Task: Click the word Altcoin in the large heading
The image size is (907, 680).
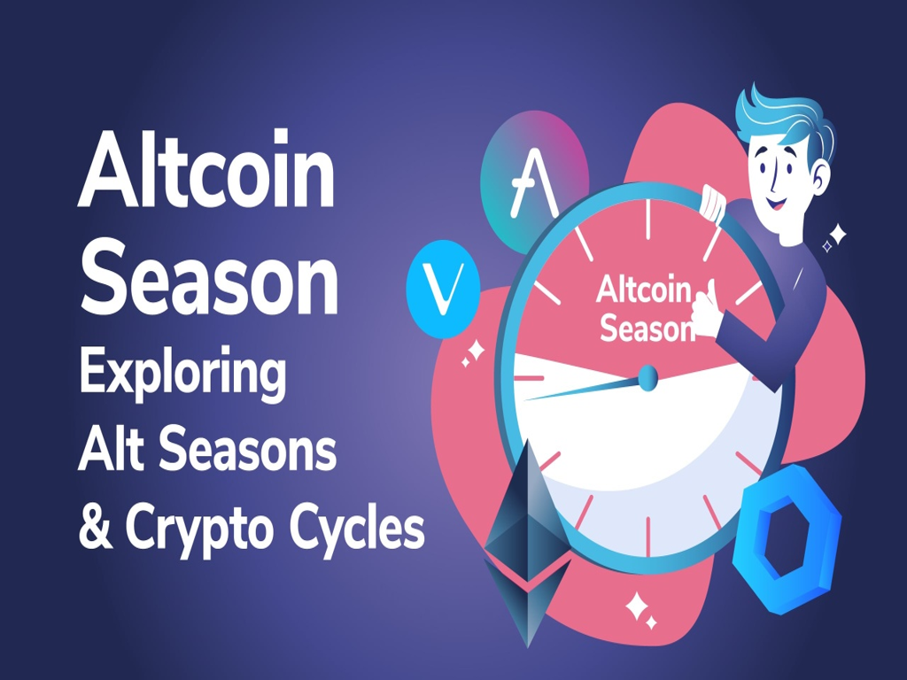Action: coord(206,169)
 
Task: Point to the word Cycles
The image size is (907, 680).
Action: coord(357,529)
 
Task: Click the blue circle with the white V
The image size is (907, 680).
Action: coord(443,289)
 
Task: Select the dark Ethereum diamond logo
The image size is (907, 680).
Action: coord(528,543)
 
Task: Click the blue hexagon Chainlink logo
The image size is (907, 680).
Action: coord(787,537)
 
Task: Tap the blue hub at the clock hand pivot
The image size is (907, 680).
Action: coord(647,377)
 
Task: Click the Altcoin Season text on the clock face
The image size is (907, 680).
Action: coord(645,309)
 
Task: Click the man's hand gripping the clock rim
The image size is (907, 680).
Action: coord(713,203)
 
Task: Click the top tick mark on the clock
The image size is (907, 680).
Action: coord(647,220)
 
